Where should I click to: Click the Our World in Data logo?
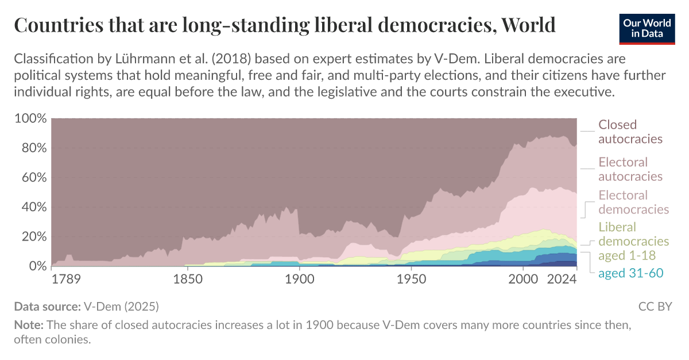(x=646, y=27)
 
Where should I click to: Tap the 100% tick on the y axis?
(x=29, y=118)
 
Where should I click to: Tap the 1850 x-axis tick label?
(x=185, y=280)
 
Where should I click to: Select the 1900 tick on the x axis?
(x=299, y=280)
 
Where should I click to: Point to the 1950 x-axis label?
(x=411, y=280)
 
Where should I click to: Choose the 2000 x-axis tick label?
(x=524, y=280)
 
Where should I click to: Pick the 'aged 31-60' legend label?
(x=630, y=273)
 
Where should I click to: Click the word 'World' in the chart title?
(x=528, y=25)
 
